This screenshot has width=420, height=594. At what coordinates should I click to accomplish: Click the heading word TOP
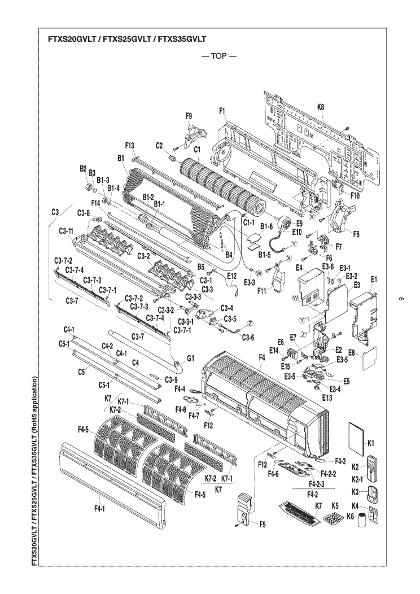click(x=218, y=56)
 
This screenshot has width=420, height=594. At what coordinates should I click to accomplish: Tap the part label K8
click(x=321, y=107)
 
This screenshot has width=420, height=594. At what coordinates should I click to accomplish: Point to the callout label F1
click(x=222, y=111)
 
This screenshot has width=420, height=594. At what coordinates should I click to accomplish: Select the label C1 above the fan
click(x=196, y=150)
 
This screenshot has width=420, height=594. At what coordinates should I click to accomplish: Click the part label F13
click(x=130, y=145)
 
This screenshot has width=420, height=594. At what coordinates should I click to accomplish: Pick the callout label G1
click(x=190, y=358)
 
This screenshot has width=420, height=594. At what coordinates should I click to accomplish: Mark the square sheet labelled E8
click(x=370, y=358)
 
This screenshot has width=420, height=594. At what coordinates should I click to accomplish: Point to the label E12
click(x=232, y=277)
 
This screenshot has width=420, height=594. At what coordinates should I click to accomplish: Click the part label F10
click(x=355, y=196)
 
